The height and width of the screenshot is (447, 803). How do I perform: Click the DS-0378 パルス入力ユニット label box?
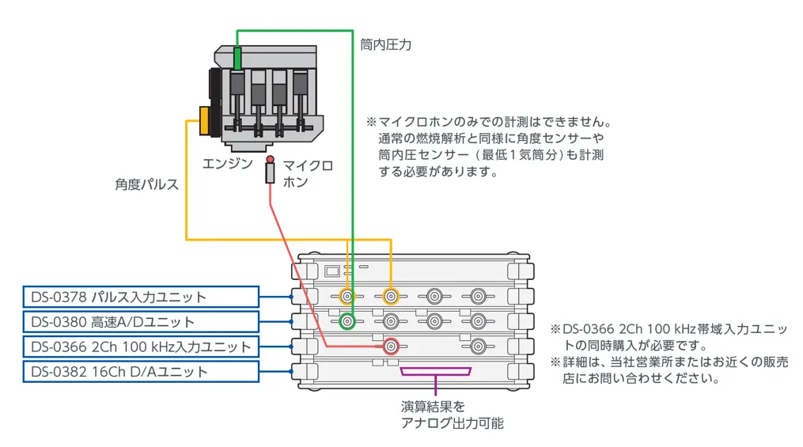click(x=140, y=297)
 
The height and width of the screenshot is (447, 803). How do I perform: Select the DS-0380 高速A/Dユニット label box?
click(x=140, y=322)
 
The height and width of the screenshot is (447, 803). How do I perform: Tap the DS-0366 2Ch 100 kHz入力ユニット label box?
click(x=140, y=347)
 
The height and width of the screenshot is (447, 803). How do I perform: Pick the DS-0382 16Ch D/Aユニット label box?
click(x=140, y=372)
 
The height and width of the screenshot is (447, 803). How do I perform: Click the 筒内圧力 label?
click(x=385, y=45)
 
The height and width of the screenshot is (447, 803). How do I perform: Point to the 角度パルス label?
click(x=146, y=184)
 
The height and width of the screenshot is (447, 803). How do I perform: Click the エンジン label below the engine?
click(x=227, y=164)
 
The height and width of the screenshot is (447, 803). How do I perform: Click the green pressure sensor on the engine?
click(x=238, y=58)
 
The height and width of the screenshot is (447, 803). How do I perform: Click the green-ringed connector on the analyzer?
click(x=347, y=321)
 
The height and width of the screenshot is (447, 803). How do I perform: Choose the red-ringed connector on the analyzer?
click(x=390, y=346)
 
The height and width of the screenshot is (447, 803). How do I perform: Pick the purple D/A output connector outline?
click(x=435, y=371)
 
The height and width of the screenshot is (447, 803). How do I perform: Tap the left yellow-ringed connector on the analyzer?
click(x=347, y=297)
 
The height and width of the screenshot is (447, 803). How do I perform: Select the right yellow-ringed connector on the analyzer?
click(x=390, y=297)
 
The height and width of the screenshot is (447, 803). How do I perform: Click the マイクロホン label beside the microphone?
click(x=307, y=173)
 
